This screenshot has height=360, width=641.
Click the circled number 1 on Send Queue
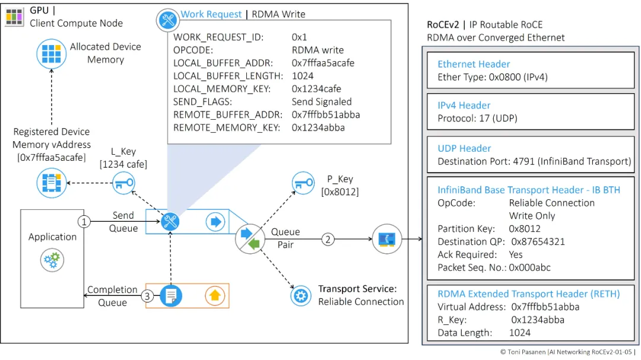[x=84, y=222]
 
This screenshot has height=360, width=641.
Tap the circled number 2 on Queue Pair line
[x=328, y=240]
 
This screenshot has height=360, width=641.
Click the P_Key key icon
[x=303, y=183]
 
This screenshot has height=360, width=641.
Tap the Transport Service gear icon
[x=302, y=295]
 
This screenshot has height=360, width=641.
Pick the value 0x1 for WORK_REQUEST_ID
[x=300, y=37]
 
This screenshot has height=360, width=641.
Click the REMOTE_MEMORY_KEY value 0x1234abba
[x=318, y=128]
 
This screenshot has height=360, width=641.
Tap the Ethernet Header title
[x=474, y=64]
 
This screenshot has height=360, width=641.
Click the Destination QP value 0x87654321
[x=537, y=241]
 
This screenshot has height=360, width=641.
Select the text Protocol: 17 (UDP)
[x=477, y=118]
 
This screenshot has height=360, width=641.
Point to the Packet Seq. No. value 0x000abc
[x=529, y=267]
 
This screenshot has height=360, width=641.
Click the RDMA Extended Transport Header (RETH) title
[x=528, y=294]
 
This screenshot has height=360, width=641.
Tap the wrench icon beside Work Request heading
[x=167, y=20]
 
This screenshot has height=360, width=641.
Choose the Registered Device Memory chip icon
[x=52, y=183]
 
